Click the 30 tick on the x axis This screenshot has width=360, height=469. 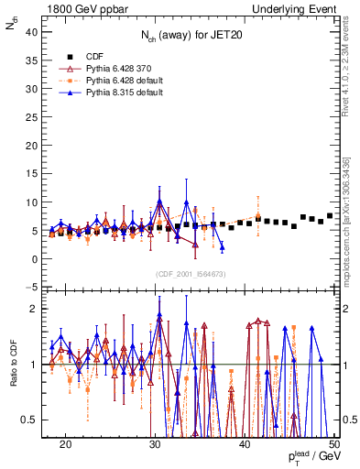click(155, 443)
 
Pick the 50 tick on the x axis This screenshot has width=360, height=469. click(333, 443)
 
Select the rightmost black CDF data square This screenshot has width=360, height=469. click(330, 216)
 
